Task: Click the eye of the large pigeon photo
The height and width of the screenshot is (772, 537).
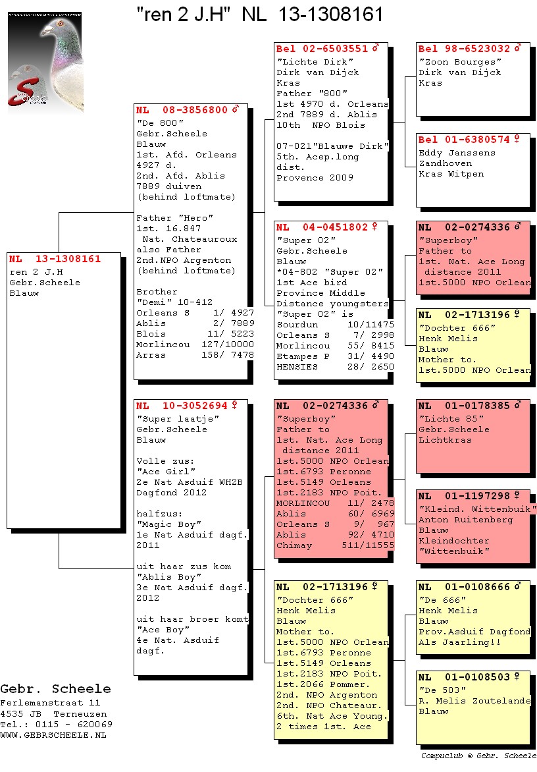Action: pyautogui.click(x=61, y=24)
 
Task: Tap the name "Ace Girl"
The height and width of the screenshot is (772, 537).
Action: pyautogui.click(x=163, y=472)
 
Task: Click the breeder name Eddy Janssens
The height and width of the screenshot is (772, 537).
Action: pyautogui.click(x=457, y=153)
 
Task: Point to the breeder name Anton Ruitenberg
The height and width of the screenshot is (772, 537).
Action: pyautogui.click(x=466, y=520)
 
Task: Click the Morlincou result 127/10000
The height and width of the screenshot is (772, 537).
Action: pyautogui.click(x=228, y=345)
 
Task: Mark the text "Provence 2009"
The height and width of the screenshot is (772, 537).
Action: pyautogui.click(x=315, y=178)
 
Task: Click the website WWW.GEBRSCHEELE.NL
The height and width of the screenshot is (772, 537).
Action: pyautogui.click(x=53, y=736)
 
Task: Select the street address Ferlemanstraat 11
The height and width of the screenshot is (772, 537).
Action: pyautogui.click(x=50, y=703)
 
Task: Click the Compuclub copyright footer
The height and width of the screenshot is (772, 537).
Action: pyautogui.click(x=478, y=756)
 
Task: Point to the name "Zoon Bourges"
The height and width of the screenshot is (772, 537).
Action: pyautogui.click(x=460, y=62)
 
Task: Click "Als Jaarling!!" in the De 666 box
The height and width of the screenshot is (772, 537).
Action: pyautogui.click(x=460, y=642)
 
